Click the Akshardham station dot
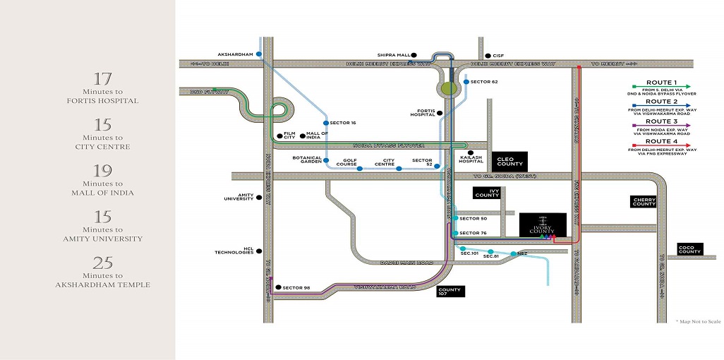[259, 54]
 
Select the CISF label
[498, 55]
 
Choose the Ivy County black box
[486, 193]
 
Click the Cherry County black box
[643, 202]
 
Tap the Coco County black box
[689, 249]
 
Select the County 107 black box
[449, 292]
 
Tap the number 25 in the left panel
[103, 263]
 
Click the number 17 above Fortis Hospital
[103, 79]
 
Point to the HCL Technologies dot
[260, 250]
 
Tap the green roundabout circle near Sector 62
[447, 88]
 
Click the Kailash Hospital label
[471, 160]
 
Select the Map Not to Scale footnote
[698, 321]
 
